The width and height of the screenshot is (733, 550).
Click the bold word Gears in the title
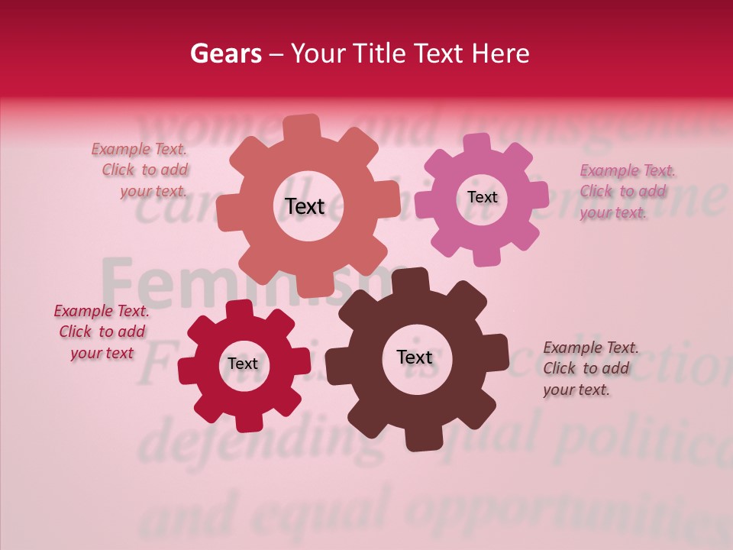pyautogui.click(x=225, y=53)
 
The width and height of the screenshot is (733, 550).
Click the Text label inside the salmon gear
pyautogui.click(x=305, y=206)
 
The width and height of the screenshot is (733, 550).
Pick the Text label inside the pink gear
pyautogui.click(x=482, y=197)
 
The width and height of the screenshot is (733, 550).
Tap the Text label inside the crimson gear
pyautogui.click(x=243, y=364)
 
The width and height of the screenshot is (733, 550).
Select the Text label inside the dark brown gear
pyautogui.click(x=415, y=357)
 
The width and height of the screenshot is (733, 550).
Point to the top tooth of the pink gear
pyautogui.click(x=477, y=144)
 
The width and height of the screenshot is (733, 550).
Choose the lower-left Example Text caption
pyautogui.click(x=102, y=332)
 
